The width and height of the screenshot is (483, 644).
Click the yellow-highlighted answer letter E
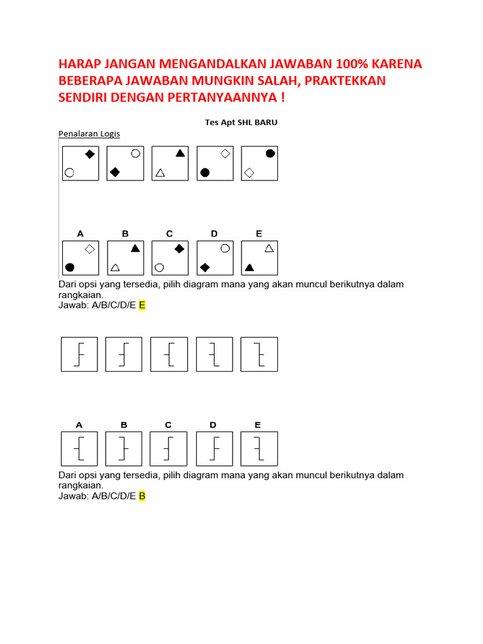point(142,305)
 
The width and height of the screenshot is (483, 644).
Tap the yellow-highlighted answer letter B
point(142,496)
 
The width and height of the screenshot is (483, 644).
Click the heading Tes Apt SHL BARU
point(241,123)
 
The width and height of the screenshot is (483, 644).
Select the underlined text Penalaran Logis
point(89,134)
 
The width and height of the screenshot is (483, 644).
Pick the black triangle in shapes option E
point(249,267)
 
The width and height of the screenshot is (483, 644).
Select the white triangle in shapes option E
point(269,248)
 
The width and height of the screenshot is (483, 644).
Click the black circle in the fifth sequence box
point(270,153)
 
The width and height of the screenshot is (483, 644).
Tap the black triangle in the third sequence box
point(180,153)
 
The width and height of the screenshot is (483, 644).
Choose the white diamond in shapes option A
point(89,249)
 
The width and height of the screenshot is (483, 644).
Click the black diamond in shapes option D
point(204,267)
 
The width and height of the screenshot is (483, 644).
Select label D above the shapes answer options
point(214,233)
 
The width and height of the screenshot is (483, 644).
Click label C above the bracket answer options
point(169,425)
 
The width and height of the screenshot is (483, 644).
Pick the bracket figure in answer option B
point(124,449)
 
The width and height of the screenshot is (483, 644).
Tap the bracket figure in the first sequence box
point(79,354)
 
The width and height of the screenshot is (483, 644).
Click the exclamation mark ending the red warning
point(282,98)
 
